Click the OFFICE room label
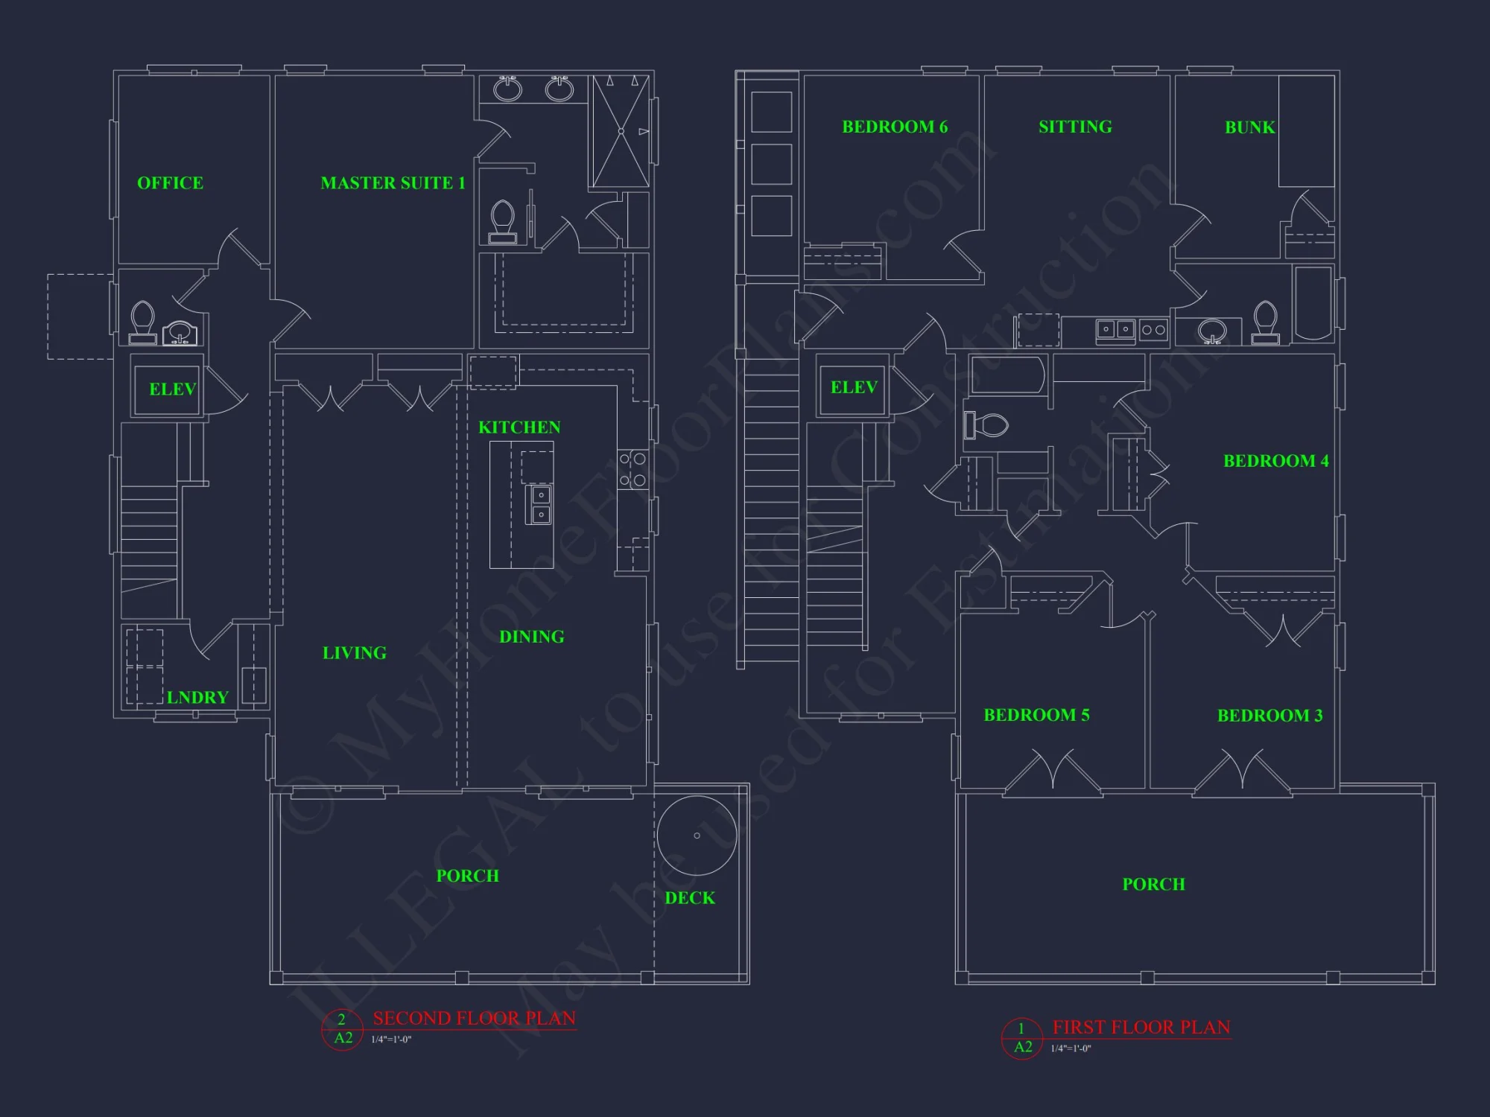(x=170, y=183)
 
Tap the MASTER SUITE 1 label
(x=393, y=183)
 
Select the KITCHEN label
(x=519, y=427)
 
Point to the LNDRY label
(x=197, y=698)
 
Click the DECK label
(x=690, y=898)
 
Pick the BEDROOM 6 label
(x=895, y=127)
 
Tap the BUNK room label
(x=1250, y=127)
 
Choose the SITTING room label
(x=1075, y=127)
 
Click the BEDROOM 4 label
(x=1275, y=461)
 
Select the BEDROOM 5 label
(x=1036, y=715)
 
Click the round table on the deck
(x=697, y=836)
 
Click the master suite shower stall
(x=621, y=131)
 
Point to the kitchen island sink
(x=539, y=504)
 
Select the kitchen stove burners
(x=633, y=470)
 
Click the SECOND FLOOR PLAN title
(x=474, y=1018)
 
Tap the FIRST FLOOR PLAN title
(x=1141, y=1027)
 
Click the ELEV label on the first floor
(x=854, y=387)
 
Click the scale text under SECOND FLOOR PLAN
(x=391, y=1040)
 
